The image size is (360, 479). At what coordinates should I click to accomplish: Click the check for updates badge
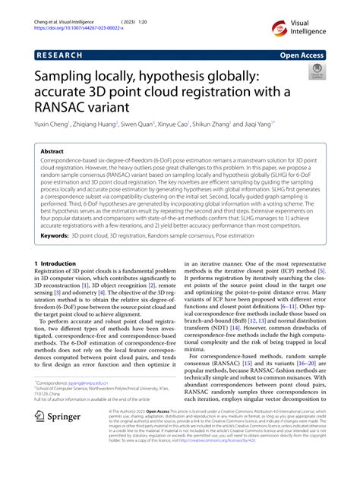click(314, 73)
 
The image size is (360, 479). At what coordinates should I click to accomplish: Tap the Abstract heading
click(58, 152)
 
